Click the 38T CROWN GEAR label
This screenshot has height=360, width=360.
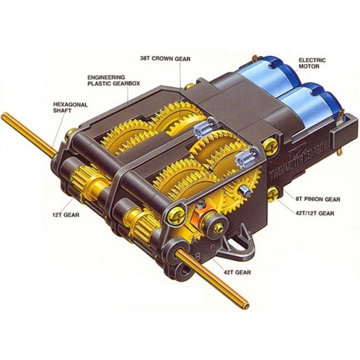165,59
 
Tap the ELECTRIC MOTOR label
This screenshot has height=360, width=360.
312,63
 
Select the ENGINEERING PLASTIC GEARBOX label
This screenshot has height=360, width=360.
114,80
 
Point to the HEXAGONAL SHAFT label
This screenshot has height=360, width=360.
70,107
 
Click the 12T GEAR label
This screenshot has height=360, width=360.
66,215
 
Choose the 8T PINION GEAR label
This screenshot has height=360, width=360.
317,199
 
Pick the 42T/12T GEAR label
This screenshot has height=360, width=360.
314,213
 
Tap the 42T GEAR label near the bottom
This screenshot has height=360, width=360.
237,272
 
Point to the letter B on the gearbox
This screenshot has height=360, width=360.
197,257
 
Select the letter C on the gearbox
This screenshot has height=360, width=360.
213,248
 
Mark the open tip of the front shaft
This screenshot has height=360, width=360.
246,305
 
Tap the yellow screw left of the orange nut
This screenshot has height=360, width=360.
175,214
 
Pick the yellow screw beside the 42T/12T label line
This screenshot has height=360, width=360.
273,194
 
